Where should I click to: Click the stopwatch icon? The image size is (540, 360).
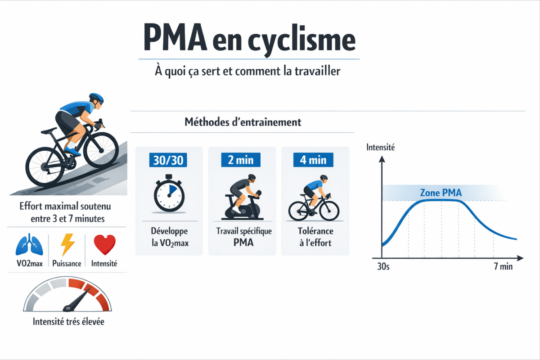(169, 194)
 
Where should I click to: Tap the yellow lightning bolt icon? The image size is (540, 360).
(67, 245)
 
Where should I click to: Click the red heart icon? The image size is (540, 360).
(104, 246)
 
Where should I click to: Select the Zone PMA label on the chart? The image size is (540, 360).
(440, 193)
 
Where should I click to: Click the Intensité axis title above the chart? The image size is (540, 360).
(381, 147)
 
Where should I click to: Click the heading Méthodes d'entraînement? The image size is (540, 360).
(243, 122)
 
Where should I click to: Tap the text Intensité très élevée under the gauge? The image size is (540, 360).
(68, 322)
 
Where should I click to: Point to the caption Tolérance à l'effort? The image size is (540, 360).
(315, 237)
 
